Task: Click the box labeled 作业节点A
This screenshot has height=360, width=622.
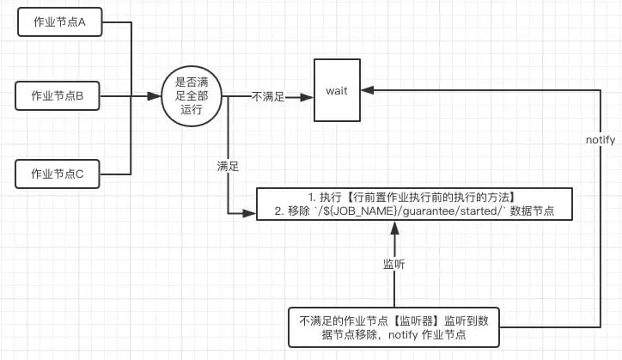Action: coord(58,23)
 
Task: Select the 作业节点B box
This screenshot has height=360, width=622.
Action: coord(58,96)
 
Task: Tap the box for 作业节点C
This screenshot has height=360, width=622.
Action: coord(58,174)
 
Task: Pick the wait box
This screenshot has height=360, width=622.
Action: coord(336,90)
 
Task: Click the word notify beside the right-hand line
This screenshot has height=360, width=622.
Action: coord(600,139)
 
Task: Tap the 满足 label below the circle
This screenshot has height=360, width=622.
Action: coord(228,163)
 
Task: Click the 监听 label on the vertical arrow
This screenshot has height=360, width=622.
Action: coord(393,264)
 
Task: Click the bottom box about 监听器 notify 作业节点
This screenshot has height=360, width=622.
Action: coord(393,327)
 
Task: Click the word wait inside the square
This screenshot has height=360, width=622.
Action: coord(336,90)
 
